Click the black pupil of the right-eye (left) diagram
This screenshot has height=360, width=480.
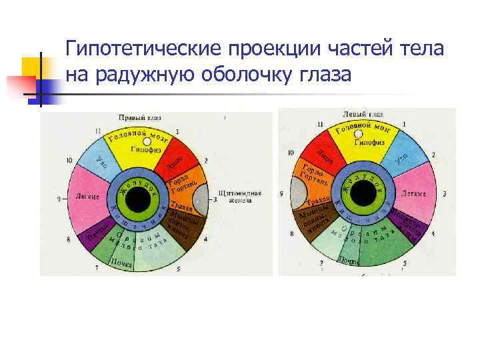(x=139, y=198)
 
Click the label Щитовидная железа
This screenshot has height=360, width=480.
(x=237, y=196)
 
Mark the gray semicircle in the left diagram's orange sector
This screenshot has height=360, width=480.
(x=201, y=198)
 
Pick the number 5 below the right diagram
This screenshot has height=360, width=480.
(x=405, y=264)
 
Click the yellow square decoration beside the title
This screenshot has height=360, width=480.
(x=32, y=67)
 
